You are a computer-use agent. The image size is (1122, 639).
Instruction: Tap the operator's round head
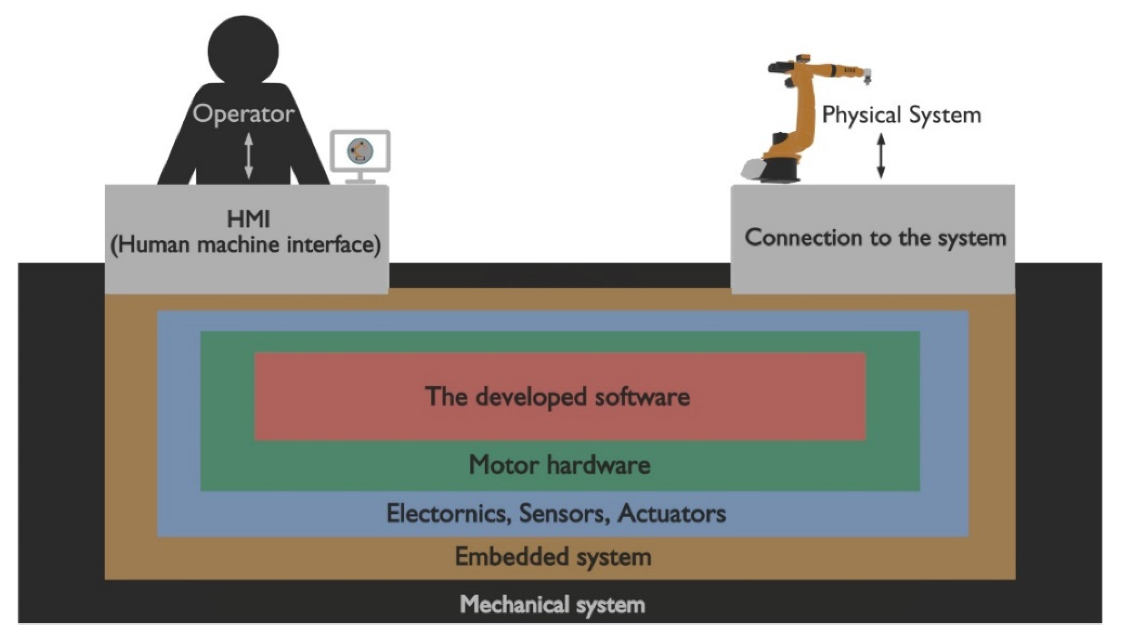pyautogui.click(x=243, y=49)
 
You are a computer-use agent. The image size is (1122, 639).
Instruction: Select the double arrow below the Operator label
pyautogui.click(x=248, y=156)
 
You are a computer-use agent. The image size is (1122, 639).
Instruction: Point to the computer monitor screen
pyautogui.click(x=360, y=150)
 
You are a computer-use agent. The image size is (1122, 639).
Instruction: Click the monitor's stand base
pyautogui.click(x=360, y=181)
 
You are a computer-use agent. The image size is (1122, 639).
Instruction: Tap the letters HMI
pyautogui.click(x=248, y=220)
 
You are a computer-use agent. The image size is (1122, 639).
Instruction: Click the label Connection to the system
pyautogui.click(x=875, y=238)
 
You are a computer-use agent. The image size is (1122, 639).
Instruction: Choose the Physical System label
pyautogui.click(x=901, y=115)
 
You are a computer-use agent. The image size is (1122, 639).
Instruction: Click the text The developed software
pyautogui.click(x=557, y=397)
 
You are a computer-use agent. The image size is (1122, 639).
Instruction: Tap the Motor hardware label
pyautogui.click(x=559, y=465)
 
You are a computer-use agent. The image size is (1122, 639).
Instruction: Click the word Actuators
pyautogui.click(x=671, y=513)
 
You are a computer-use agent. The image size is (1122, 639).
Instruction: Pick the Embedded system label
pyautogui.click(x=553, y=557)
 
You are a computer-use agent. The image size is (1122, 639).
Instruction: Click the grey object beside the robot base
pyautogui.click(x=751, y=169)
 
